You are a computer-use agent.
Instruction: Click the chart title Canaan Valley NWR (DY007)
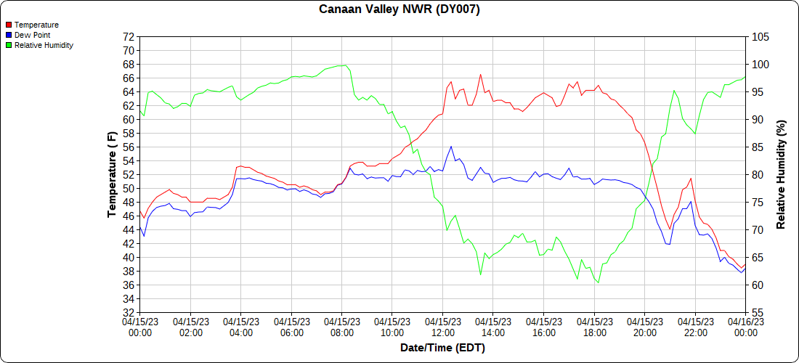point(399,9)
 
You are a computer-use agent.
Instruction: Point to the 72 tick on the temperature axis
point(129,37)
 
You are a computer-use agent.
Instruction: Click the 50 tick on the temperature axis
point(129,188)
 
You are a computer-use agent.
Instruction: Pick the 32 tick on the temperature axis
point(129,312)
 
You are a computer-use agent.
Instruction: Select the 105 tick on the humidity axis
point(761,37)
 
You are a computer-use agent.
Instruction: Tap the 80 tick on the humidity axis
point(758,175)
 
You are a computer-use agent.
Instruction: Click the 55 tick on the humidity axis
point(758,312)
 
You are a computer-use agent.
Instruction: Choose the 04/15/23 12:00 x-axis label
point(443,327)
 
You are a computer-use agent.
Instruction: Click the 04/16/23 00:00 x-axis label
point(745,327)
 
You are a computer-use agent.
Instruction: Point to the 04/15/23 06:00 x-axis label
point(292,327)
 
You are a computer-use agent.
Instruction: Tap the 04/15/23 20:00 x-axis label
point(645,327)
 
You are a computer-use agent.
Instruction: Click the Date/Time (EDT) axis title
point(442,348)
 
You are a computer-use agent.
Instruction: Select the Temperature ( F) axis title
point(112,174)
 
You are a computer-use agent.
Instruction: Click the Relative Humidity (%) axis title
point(782,174)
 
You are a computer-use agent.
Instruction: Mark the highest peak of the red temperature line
point(480,74)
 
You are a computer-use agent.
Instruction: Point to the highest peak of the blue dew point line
point(451,146)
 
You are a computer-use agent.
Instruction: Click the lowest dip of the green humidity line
point(599,282)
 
